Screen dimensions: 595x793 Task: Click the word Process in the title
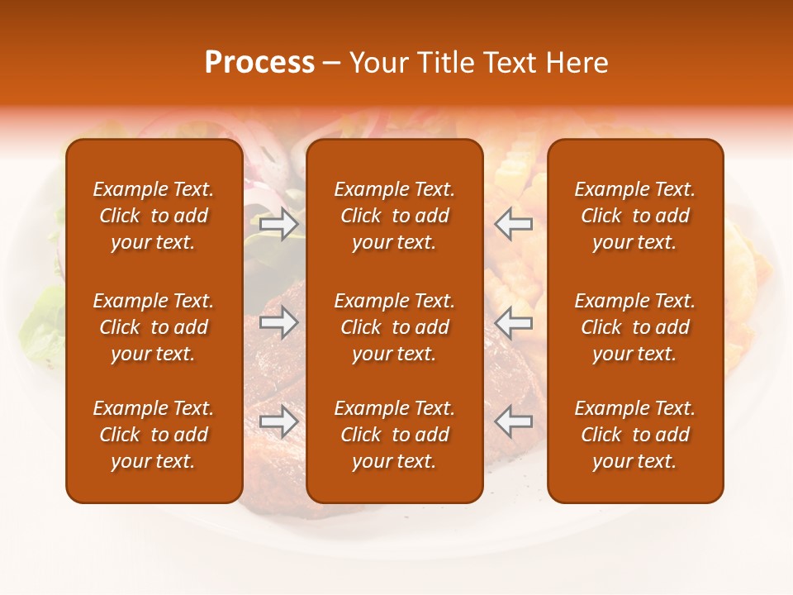point(259,63)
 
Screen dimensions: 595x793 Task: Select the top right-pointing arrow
point(279,224)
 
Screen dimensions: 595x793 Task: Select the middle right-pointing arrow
point(279,322)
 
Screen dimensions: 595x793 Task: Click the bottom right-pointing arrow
point(279,421)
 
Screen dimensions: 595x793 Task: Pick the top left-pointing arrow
point(513,224)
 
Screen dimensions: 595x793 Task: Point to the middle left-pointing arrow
point(513,322)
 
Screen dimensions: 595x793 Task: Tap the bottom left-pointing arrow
point(513,421)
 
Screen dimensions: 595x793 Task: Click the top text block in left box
point(154,216)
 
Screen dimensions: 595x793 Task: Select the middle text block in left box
point(154,327)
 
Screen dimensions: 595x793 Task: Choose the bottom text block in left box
point(154,435)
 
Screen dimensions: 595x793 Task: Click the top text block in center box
point(394,216)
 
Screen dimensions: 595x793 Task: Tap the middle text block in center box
point(394,327)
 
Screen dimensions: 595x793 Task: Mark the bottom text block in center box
point(394,435)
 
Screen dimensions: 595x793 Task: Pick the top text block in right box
point(634,216)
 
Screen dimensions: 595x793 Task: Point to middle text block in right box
point(634,327)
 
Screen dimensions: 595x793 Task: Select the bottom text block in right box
point(634,435)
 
